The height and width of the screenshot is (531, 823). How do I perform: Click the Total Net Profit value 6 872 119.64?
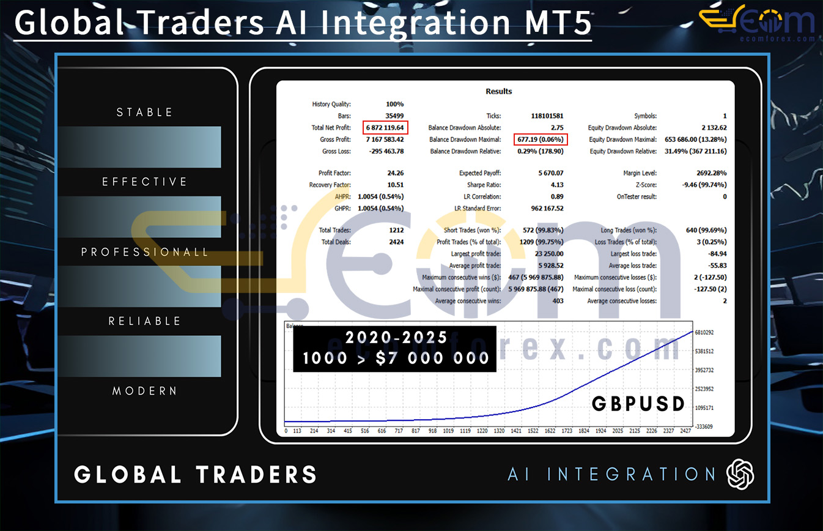tap(385, 128)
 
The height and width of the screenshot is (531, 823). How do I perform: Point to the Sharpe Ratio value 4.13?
tap(556, 185)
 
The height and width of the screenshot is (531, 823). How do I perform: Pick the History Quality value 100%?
tap(394, 104)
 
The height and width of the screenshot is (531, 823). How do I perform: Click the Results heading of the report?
tap(498, 91)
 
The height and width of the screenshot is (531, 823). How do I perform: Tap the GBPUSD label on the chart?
tap(637, 403)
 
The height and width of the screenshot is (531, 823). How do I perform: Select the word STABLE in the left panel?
tap(145, 113)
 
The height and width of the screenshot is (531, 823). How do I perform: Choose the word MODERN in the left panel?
tap(145, 391)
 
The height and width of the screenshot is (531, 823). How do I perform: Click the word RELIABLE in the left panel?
tap(145, 321)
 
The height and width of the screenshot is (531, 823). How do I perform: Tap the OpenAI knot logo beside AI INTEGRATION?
tap(740, 474)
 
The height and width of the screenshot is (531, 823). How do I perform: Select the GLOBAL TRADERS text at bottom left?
tap(196, 475)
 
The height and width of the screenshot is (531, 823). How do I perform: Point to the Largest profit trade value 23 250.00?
tap(549, 254)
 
